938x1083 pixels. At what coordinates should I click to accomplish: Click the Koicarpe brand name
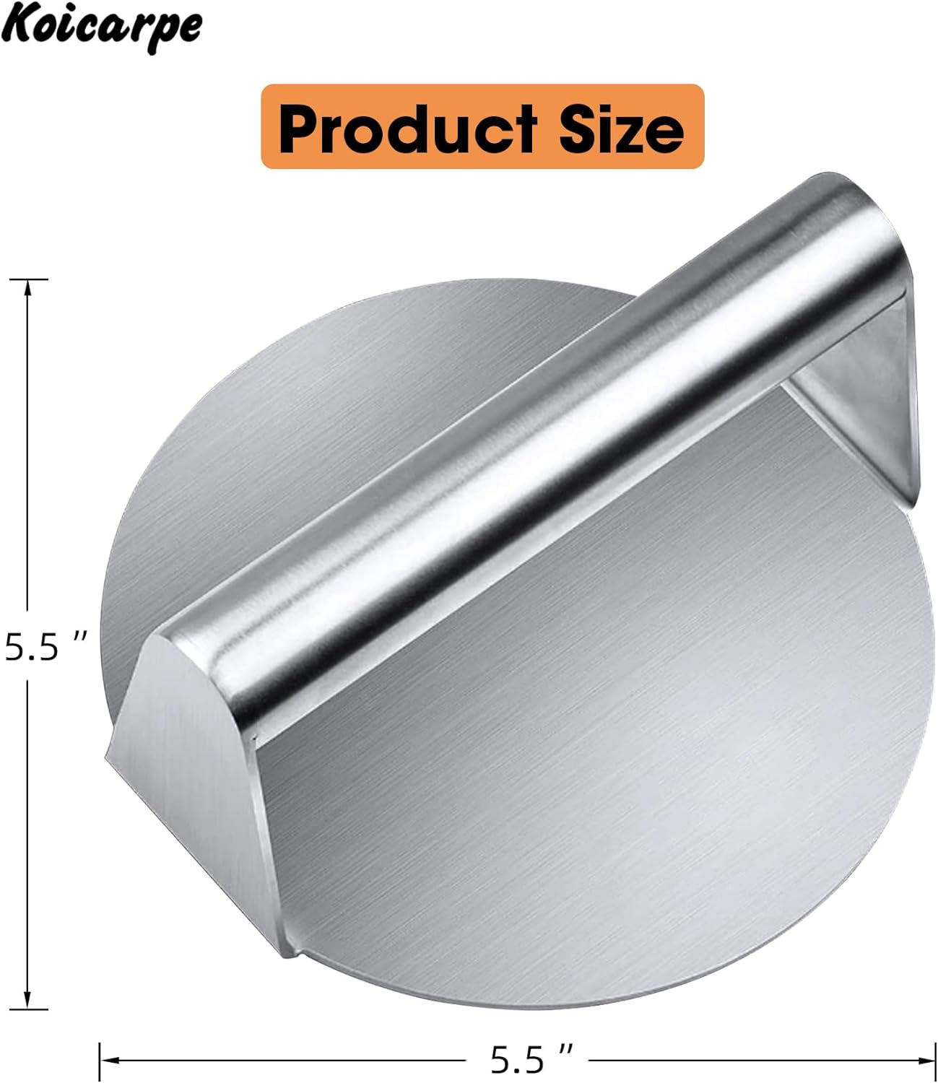tap(101, 27)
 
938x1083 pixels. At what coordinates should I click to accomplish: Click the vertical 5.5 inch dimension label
tap(45, 646)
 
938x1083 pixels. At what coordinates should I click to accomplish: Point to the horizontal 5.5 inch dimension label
tap(531, 1060)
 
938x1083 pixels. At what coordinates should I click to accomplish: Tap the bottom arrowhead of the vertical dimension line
tap(28, 1001)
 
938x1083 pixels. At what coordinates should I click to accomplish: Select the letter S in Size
tap(579, 129)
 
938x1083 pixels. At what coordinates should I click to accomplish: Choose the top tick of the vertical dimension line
tap(28, 279)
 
